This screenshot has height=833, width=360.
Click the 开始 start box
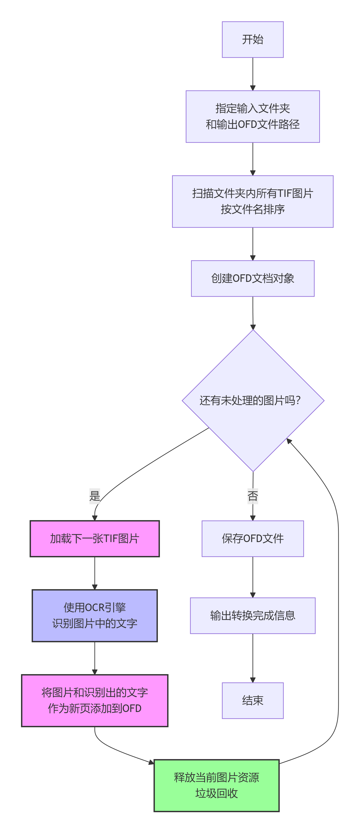point(253,39)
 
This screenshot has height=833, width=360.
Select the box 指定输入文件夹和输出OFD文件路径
point(253,116)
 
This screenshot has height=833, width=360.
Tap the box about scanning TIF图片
point(253,201)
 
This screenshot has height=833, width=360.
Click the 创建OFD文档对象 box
point(253,278)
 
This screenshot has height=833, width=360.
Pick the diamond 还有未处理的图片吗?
point(253,400)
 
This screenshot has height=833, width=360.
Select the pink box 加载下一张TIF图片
point(95,539)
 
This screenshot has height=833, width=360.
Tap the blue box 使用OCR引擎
point(95,615)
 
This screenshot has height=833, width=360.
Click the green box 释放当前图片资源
point(216,785)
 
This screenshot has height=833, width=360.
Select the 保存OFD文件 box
point(253,539)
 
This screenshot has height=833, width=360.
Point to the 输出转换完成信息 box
point(253,615)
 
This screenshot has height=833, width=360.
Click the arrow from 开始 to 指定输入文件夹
point(253,74)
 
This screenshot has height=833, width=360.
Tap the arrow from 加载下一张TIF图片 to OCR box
point(95,573)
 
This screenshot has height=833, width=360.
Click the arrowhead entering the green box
point(151,762)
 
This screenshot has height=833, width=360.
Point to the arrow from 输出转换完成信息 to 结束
point(253,658)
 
